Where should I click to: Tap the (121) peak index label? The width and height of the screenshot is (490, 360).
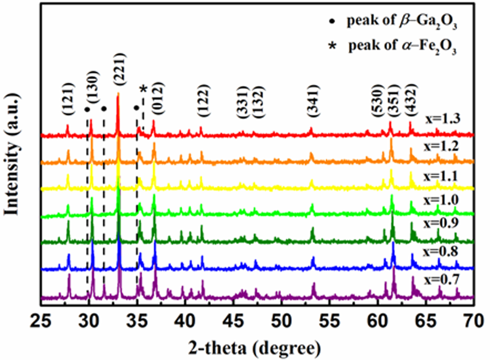(68, 99)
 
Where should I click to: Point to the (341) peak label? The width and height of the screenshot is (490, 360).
(314, 101)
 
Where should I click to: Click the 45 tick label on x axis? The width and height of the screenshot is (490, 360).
(233, 321)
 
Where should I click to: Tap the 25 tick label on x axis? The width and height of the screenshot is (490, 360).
(41, 321)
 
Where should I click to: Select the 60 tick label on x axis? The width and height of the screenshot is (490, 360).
(378, 321)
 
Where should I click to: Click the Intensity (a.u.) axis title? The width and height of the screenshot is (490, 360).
(12, 154)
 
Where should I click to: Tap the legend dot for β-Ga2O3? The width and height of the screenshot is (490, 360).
(332, 22)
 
